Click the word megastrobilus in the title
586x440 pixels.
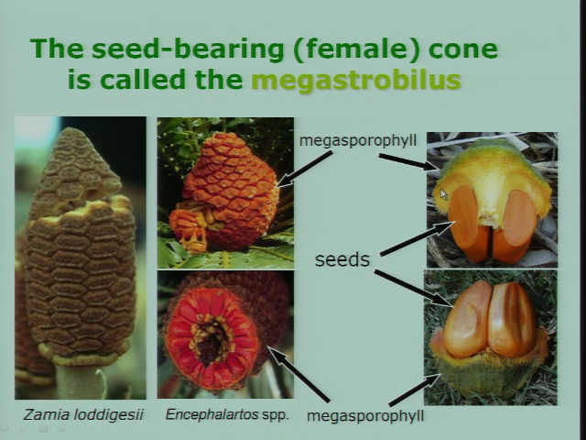click(356, 81)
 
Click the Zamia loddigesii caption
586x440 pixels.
click(83, 415)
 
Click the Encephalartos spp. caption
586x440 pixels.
click(227, 415)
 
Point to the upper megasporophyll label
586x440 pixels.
click(358, 141)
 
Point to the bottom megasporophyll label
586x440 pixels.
click(365, 416)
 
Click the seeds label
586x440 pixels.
click(342, 259)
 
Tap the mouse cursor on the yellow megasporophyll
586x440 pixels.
click(443, 194)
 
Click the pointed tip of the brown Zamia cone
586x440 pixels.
click(71, 130)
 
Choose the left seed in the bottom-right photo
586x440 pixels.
click(467, 319)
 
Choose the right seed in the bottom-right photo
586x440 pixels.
click(511, 319)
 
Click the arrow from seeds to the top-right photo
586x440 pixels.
click(417, 238)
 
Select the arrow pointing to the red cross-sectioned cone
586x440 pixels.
click(298, 374)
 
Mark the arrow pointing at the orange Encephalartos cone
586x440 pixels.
click(305, 169)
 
